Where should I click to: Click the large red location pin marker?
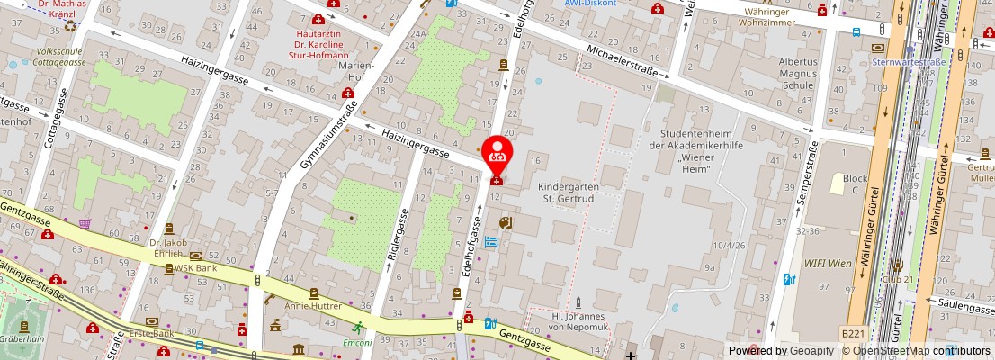tap(496, 153)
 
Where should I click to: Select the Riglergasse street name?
tap(390, 237)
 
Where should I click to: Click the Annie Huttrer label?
tap(313, 305)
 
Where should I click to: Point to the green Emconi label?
tap(358, 342)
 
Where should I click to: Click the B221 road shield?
tap(853, 333)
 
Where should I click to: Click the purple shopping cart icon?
tap(85, 223)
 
